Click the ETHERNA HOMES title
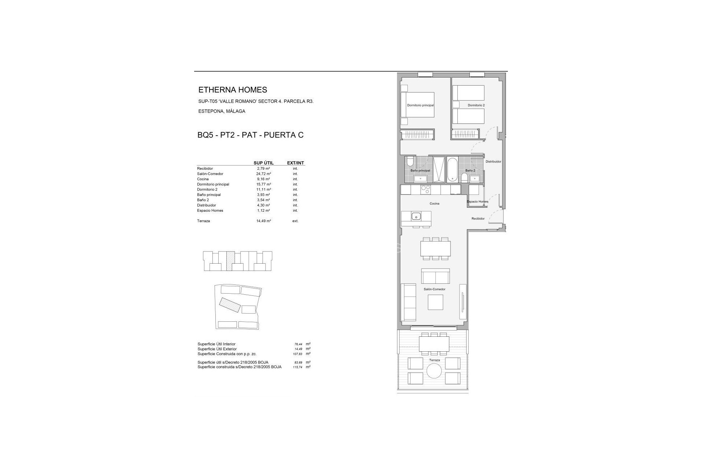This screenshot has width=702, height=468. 233,90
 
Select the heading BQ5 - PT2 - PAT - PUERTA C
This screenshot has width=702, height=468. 250,135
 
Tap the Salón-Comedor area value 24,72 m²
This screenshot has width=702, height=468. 264,174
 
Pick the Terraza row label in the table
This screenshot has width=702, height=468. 203,221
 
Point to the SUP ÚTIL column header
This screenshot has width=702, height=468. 264,163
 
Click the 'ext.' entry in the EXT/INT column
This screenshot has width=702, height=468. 295,221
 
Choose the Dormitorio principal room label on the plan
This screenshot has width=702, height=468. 420,105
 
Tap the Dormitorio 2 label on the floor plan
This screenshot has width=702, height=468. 476,105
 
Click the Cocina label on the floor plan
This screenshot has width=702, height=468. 434,203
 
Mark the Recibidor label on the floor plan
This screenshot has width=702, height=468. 478,219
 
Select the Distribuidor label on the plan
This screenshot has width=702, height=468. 493,161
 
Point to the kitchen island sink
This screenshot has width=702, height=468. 416,216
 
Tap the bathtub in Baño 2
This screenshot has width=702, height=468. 452,170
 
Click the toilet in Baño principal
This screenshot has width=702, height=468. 409,161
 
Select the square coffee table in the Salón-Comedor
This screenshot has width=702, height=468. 435,302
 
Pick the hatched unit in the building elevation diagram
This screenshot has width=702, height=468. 230,261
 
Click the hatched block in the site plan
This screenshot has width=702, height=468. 230,305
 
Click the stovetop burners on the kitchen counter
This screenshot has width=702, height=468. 426,189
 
